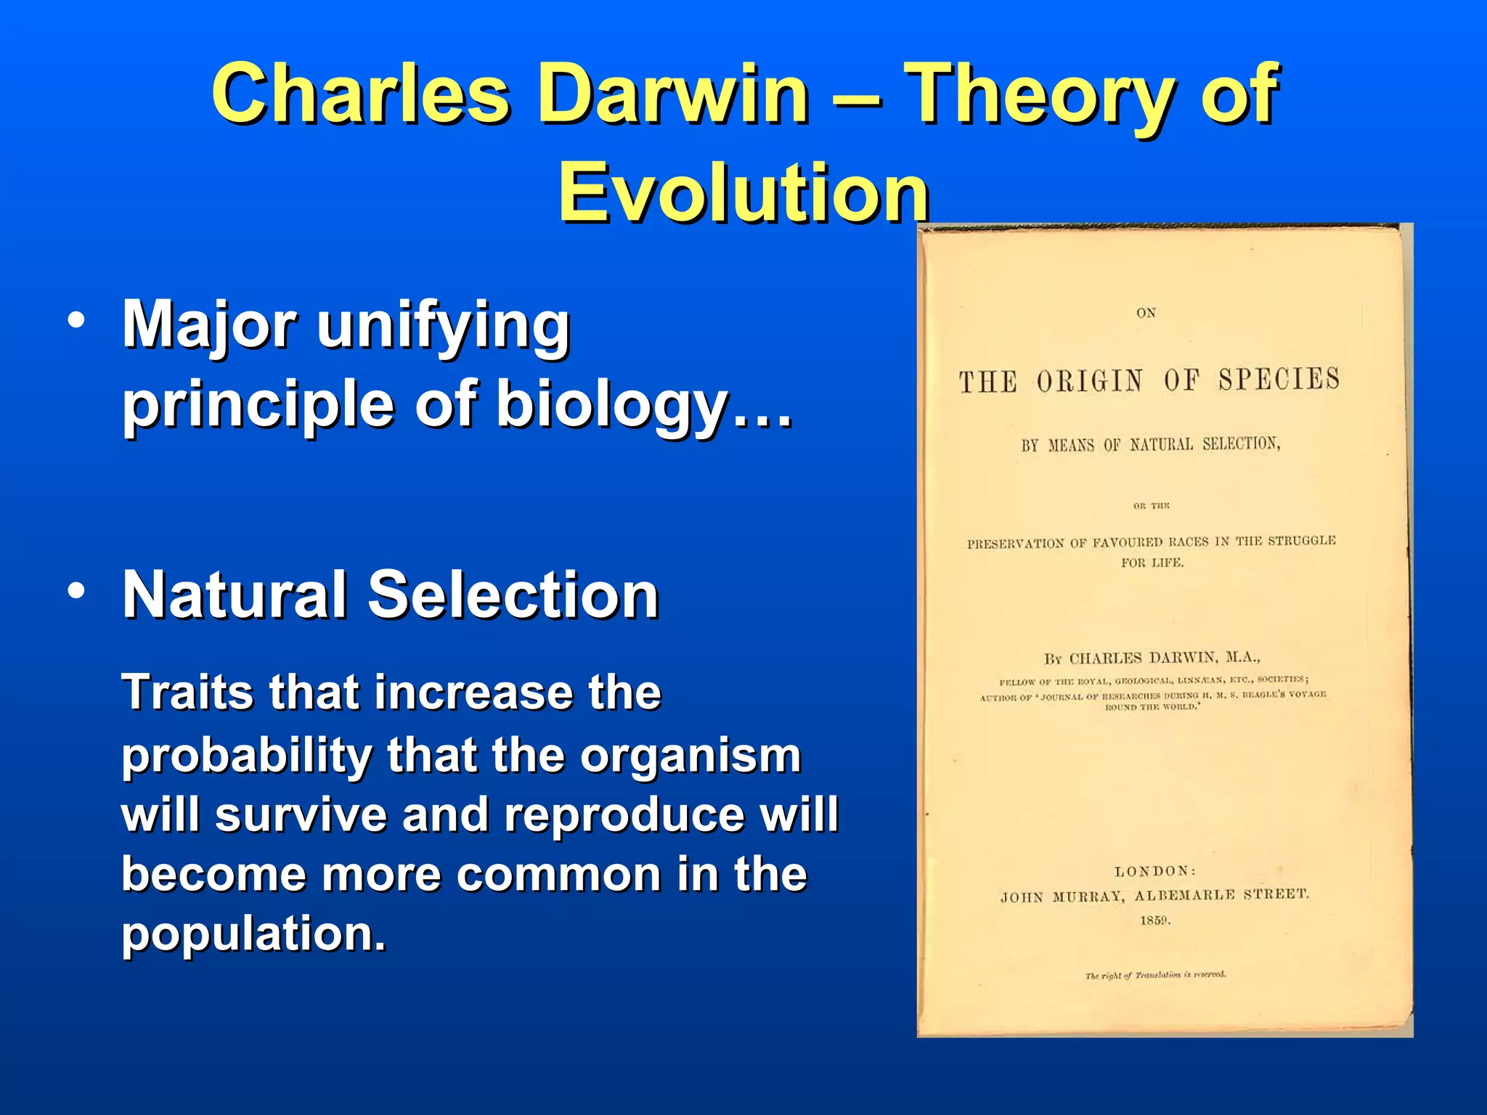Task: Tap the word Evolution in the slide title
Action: [x=743, y=192]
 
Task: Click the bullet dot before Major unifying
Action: [x=76, y=320]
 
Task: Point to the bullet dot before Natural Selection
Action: [x=76, y=591]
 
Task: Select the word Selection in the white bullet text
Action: [x=513, y=595]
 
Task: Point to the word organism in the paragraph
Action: [x=690, y=756]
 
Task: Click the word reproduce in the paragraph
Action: [x=624, y=814]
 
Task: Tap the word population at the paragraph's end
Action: [x=253, y=934]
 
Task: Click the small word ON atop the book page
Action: [x=1146, y=313]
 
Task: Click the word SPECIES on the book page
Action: [x=1279, y=379]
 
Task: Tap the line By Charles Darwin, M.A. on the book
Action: [x=1152, y=658]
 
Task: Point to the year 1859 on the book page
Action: [x=1154, y=921]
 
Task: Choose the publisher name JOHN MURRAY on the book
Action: [x=1062, y=897]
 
